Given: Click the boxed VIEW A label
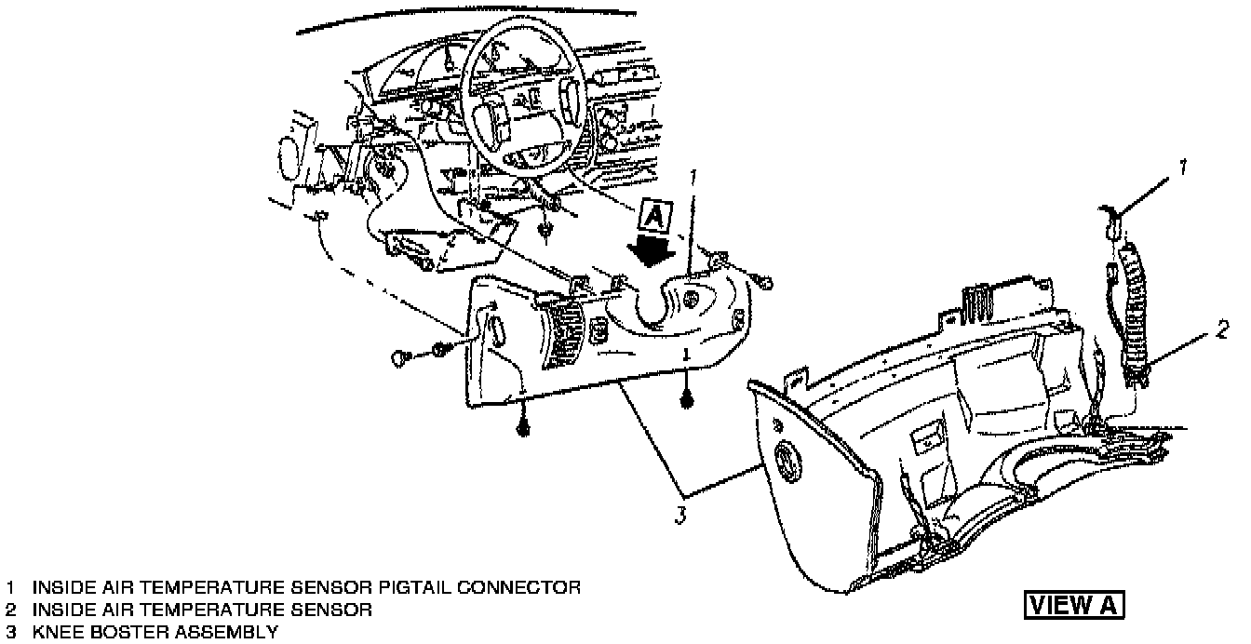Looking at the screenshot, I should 1074,604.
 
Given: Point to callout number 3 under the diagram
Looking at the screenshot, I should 681,515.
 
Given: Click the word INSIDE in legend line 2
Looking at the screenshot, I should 63,610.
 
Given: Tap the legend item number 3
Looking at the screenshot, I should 10,633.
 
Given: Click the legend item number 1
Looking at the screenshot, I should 10,588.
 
